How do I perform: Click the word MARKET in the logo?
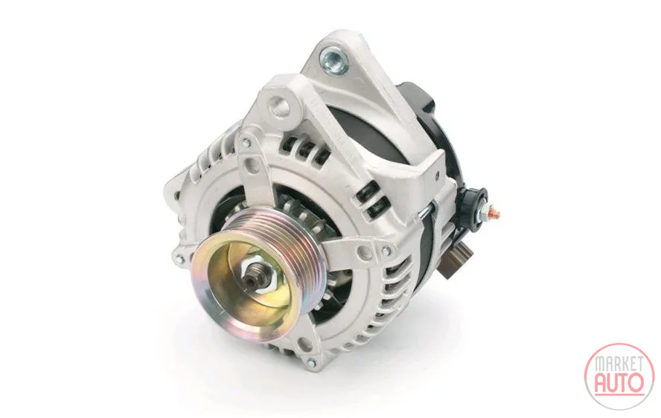(619, 364)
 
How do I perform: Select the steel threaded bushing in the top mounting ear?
(335, 58)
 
